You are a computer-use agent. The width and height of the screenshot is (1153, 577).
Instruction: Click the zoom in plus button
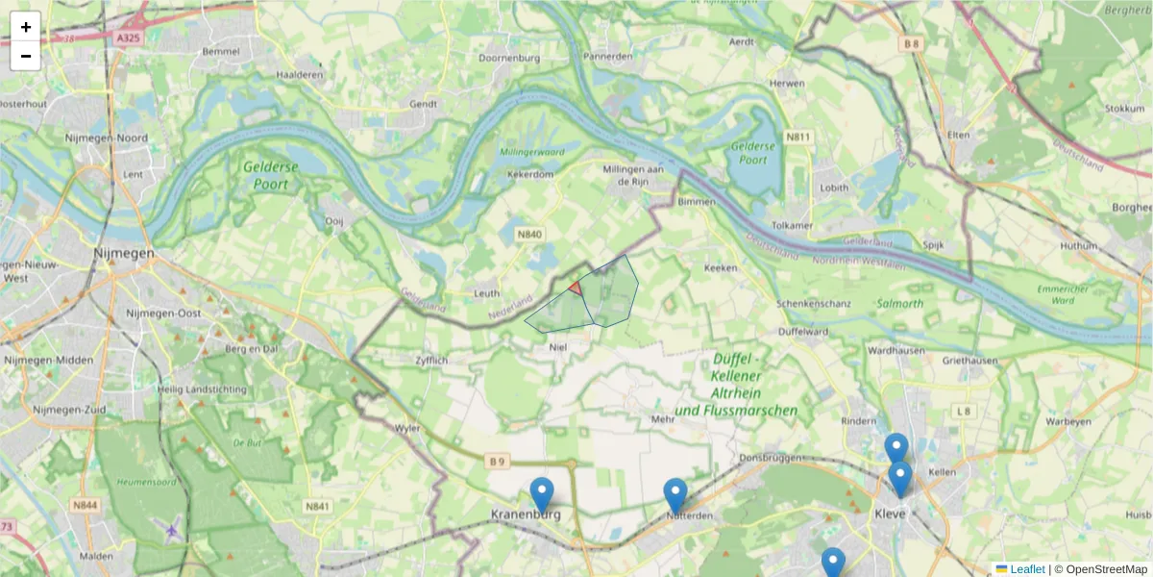26,27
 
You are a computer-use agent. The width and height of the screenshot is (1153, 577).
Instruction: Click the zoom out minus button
26,56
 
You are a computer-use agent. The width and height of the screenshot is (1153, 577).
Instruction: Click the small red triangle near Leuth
576,288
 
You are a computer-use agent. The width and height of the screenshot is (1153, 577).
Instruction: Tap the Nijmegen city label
124,253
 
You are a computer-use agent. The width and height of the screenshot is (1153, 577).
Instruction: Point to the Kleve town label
891,514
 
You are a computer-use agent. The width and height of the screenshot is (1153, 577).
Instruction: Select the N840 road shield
529,234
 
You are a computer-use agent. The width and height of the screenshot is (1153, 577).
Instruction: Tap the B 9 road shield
497,462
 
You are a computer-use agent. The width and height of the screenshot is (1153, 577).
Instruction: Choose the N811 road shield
798,137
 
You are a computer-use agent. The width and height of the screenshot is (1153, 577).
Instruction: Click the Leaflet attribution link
1027,569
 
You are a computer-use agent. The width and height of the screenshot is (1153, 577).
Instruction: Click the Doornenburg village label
509,58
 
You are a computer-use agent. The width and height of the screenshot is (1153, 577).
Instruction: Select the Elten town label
958,136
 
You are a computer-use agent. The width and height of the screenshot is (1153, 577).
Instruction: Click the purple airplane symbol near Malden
172,528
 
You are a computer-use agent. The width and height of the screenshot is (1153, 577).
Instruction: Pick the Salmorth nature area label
900,303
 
